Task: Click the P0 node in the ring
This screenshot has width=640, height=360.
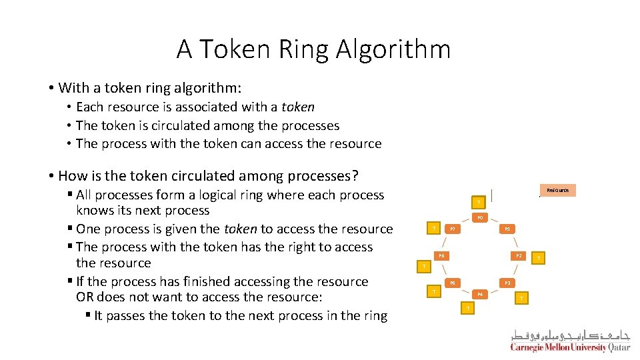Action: [x=479, y=218]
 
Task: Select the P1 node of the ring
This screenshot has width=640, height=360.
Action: [x=507, y=229]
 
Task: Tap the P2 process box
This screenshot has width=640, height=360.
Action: [x=518, y=256]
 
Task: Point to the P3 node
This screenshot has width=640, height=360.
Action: [x=507, y=283]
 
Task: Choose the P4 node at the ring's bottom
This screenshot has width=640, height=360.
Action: [x=479, y=294]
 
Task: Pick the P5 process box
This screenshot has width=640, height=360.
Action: [x=452, y=283]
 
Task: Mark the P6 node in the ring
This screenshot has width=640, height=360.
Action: [x=441, y=256]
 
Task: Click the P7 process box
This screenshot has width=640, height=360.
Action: [x=452, y=229]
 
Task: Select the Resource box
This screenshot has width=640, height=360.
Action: [x=557, y=190]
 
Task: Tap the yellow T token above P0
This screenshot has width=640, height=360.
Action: [x=477, y=202]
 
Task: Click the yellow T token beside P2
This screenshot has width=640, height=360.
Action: [x=539, y=257]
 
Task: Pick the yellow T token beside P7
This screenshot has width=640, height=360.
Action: [x=434, y=229]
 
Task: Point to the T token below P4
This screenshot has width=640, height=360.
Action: [x=468, y=308]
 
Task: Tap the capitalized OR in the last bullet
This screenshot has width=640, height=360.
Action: [x=85, y=297]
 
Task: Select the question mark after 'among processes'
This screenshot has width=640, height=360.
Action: [x=355, y=176]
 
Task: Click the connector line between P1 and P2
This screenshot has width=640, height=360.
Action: [x=513, y=243]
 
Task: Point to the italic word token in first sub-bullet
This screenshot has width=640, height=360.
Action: [x=297, y=107]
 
